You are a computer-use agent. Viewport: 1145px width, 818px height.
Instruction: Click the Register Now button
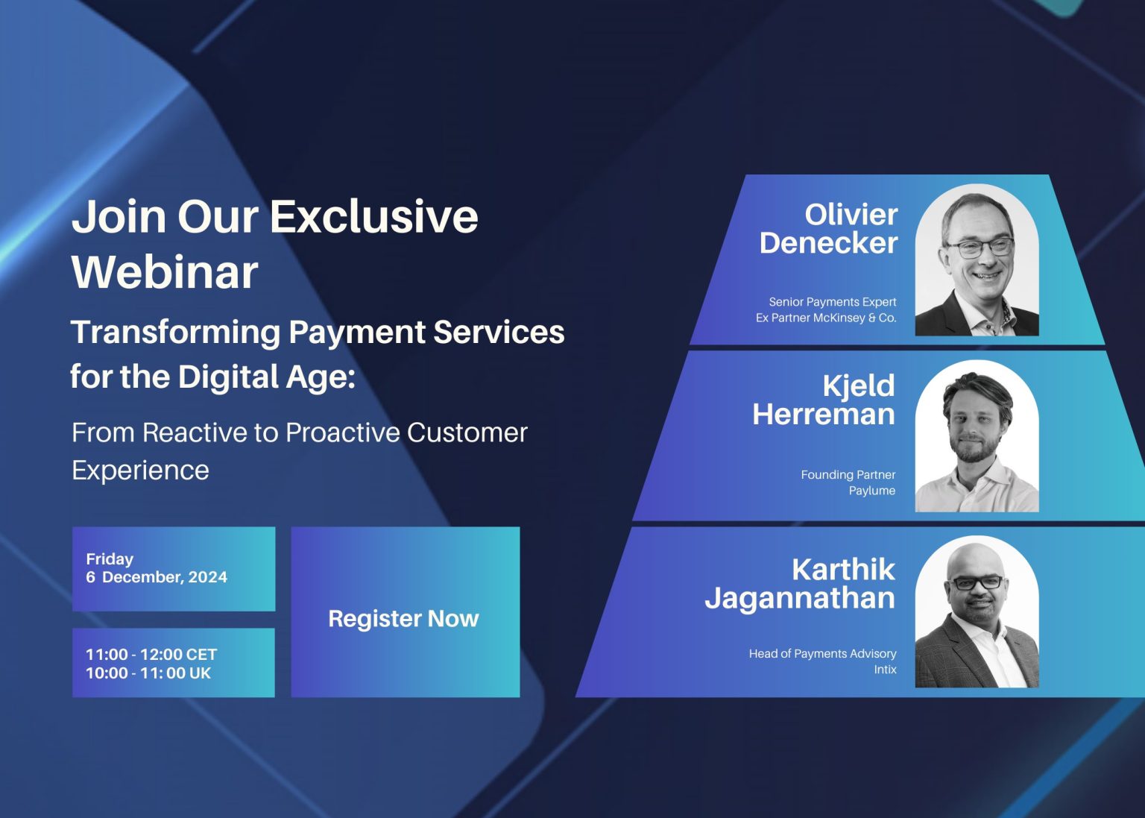404,618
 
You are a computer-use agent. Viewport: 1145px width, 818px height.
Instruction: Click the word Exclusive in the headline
373,216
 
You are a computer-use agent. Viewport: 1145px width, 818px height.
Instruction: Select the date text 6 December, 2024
157,577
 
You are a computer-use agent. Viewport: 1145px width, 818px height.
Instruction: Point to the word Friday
110,559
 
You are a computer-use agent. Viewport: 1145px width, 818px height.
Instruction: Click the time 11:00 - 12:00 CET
151,654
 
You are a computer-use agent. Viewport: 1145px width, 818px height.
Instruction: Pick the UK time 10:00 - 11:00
148,673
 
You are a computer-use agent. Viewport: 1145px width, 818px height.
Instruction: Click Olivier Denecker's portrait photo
977,260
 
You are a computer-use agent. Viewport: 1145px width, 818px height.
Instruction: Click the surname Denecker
828,243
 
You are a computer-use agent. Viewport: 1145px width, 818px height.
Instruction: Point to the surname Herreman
823,414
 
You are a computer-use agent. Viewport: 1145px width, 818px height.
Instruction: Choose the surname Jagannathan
800,598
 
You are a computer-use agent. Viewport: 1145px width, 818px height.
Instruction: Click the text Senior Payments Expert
833,302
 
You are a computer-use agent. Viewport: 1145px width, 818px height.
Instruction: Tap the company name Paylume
871,491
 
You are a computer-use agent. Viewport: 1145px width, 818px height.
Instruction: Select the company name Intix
885,670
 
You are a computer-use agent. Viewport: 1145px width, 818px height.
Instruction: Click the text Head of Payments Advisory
822,654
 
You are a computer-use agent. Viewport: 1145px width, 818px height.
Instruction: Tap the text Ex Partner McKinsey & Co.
826,318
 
